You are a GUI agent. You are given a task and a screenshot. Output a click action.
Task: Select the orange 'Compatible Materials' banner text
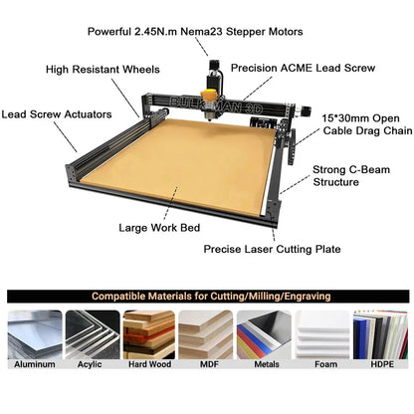pos(206,297)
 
